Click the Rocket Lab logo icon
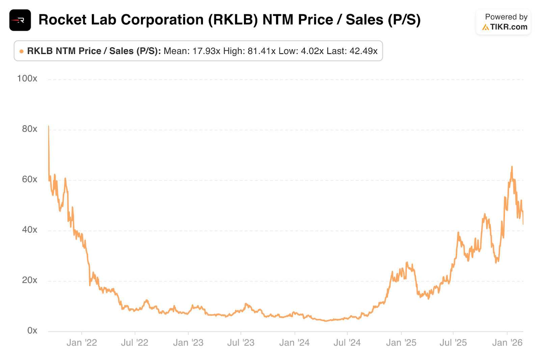20,20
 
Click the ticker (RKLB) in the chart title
233,20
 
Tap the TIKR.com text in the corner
509,27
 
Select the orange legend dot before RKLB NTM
22,51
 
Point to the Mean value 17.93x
206,51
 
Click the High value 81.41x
262,51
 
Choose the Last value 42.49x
363,51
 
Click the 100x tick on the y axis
27,79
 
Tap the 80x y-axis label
29,129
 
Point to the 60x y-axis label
29,179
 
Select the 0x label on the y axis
32,331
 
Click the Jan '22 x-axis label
82,343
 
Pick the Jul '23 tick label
241,343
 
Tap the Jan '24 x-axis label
294,343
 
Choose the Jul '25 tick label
453,343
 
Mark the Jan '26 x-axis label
507,343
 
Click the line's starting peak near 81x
49,126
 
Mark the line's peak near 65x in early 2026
512,167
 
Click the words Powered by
506,17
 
